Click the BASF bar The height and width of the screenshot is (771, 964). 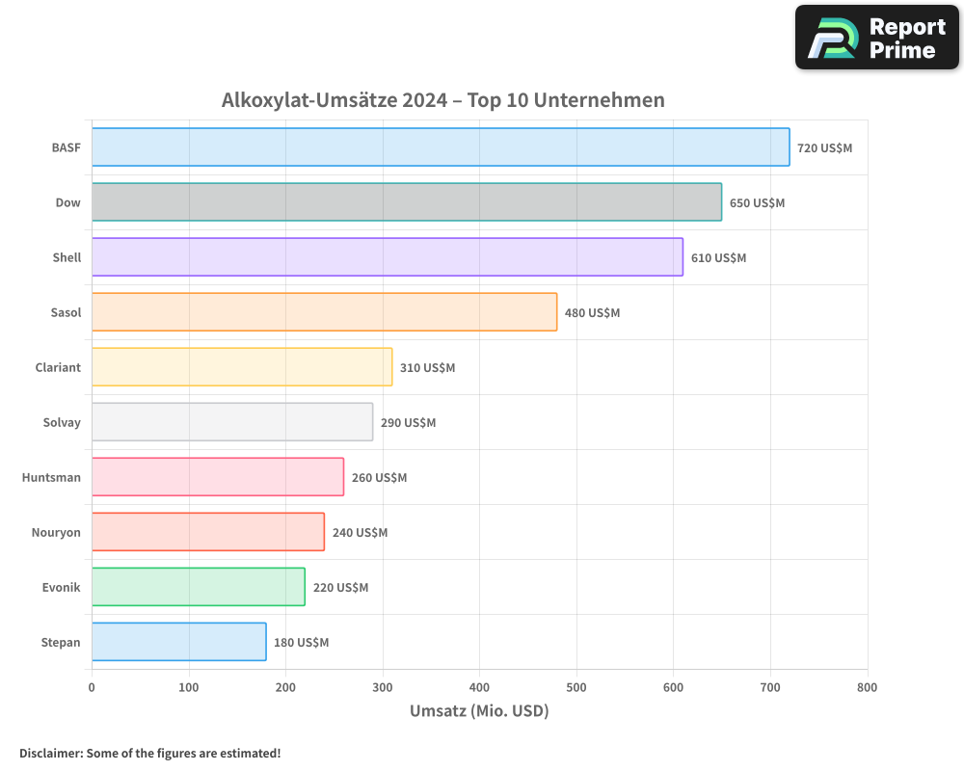(x=441, y=147)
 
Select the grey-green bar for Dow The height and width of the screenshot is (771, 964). (x=407, y=202)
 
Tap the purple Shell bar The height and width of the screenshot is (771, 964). (x=388, y=257)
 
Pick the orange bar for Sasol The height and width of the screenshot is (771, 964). (x=324, y=312)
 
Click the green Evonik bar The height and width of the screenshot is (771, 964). (x=199, y=587)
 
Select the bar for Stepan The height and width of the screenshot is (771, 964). (x=179, y=642)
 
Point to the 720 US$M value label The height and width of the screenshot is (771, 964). (x=824, y=148)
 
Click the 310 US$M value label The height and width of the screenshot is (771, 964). (x=427, y=368)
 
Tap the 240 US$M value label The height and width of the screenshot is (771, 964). (x=360, y=533)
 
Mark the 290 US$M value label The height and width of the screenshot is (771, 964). (x=408, y=423)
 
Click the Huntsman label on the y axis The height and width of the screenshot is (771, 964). (x=51, y=477)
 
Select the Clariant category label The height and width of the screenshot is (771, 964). (x=58, y=367)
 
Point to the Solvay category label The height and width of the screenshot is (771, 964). (x=62, y=422)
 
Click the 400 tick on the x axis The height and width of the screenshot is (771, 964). (x=479, y=687)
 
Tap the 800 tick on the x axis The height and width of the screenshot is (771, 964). (x=867, y=687)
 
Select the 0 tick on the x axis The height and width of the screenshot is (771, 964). (x=92, y=687)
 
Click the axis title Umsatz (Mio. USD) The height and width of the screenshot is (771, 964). (x=479, y=711)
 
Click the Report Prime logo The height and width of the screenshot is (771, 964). (x=876, y=38)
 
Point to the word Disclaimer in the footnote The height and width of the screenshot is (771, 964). (x=49, y=753)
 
